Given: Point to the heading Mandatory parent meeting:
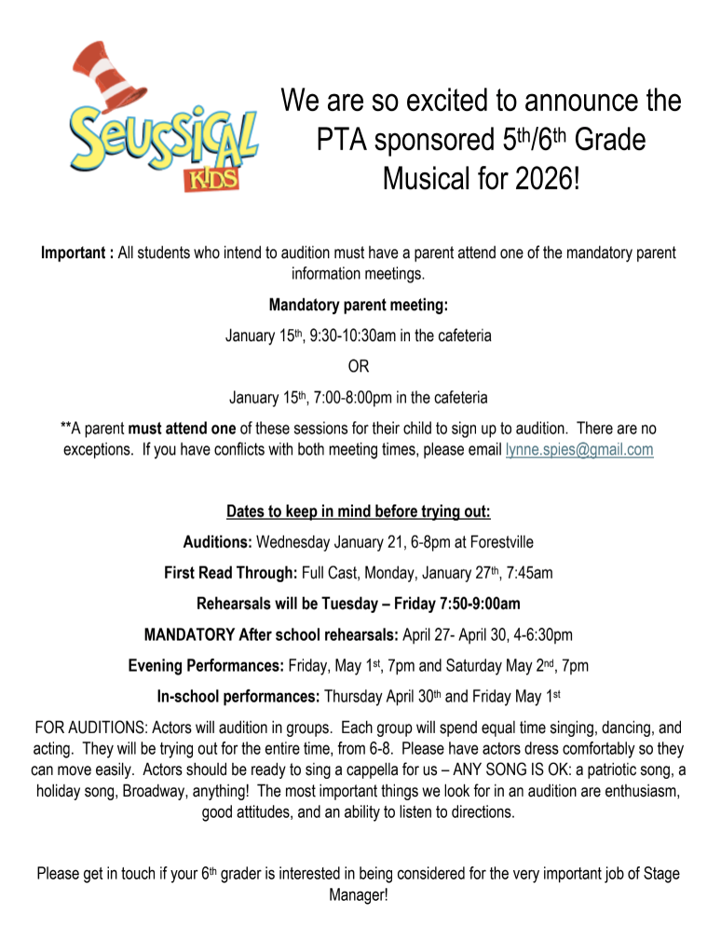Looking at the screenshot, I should [359, 305].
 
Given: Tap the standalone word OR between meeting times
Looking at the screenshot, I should [359, 366].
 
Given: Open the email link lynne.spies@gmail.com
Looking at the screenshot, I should [578, 449].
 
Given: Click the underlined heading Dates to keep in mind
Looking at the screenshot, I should [359, 511].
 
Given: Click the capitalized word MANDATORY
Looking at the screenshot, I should [189, 634].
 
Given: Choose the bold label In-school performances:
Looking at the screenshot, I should [238, 696].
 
